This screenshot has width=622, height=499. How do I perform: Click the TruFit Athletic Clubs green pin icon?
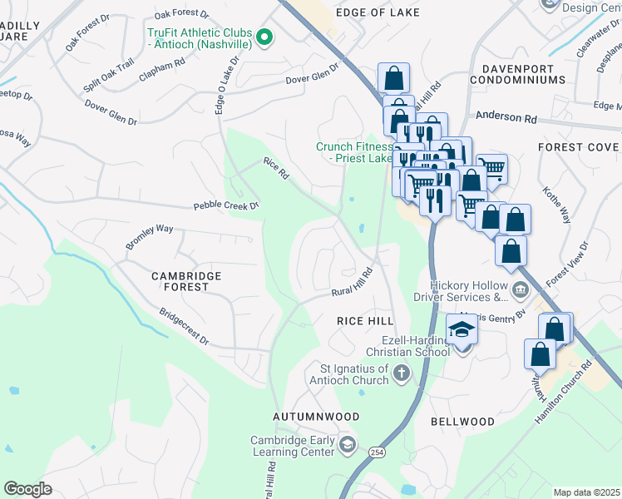pyautogui.click(x=264, y=36)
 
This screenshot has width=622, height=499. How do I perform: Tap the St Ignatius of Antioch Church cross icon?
pyautogui.click(x=401, y=373)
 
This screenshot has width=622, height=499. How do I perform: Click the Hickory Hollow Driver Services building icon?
pyautogui.click(x=521, y=290)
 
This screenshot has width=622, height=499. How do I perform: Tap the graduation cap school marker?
pyautogui.click(x=462, y=331)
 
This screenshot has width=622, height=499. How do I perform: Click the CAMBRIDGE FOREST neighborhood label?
pyautogui.click(x=186, y=281)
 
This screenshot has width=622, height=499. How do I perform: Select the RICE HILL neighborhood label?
pyautogui.click(x=364, y=320)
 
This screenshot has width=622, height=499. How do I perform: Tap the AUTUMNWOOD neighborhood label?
pyautogui.click(x=317, y=416)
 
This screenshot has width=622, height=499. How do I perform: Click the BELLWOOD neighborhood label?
pyautogui.click(x=462, y=422)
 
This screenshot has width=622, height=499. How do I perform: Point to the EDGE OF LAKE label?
pyautogui.click(x=378, y=12)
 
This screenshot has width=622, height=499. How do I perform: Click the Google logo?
pyautogui.click(x=27, y=489)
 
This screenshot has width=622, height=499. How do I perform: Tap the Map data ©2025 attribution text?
pyautogui.click(x=586, y=492)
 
